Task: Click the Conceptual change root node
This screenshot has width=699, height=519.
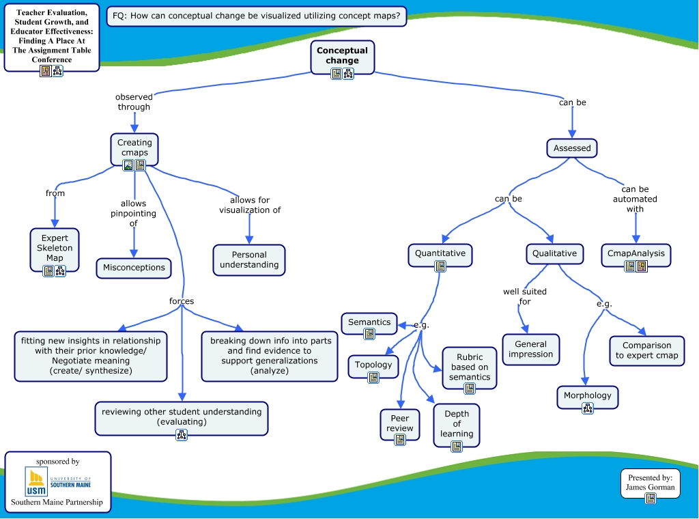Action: click(342, 55)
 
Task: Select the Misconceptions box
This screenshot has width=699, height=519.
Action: click(134, 268)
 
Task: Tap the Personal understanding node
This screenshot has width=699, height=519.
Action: click(249, 259)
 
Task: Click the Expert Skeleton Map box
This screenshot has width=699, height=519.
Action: click(55, 249)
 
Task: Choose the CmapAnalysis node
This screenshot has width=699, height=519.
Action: click(636, 253)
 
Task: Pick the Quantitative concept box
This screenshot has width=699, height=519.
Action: click(440, 253)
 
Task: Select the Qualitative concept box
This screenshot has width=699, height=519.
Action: click(554, 253)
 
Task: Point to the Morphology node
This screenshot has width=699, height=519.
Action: click(588, 395)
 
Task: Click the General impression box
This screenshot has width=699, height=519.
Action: click(530, 349)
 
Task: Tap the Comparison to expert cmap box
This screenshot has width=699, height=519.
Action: click(646, 350)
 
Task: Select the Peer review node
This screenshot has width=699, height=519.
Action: click(400, 423)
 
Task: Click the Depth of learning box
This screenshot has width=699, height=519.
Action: click(457, 423)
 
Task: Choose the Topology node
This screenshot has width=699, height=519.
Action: click(373, 365)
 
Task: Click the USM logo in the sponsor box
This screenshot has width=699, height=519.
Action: click(35, 482)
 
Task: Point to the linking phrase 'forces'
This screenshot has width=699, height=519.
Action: click(182, 301)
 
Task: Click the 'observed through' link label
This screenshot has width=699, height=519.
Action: click(134, 102)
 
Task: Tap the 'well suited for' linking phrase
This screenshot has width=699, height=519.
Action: click(525, 296)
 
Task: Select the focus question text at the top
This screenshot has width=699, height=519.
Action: click(257, 16)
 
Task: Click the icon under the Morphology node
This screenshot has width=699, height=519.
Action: click(588, 409)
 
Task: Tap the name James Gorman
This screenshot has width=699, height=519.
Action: click(650, 487)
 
